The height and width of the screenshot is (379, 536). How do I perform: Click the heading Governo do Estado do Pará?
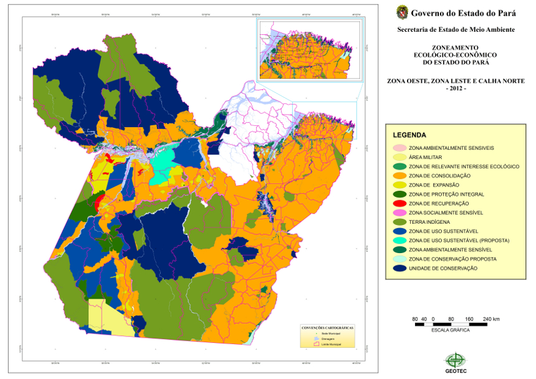coord(463,12)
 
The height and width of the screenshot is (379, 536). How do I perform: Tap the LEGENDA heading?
coord(409,135)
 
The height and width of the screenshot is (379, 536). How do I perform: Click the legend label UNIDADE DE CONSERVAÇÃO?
coord(443,268)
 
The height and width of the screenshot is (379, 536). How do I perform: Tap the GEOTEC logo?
coord(454,362)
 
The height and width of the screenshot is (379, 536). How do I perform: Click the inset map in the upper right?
coord(309,49)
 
